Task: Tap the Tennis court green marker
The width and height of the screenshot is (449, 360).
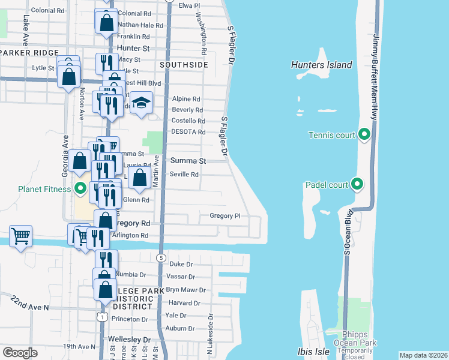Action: click(x=364, y=134)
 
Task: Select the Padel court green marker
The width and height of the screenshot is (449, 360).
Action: click(x=358, y=184)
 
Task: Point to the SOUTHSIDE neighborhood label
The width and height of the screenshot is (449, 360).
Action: click(x=184, y=64)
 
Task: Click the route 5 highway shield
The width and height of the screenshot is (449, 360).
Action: click(x=161, y=257)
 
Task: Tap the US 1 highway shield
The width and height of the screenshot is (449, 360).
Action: click(x=103, y=316)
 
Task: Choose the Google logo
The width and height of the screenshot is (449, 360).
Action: click(x=20, y=353)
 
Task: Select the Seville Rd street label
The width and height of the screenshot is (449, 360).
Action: click(x=185, y=175)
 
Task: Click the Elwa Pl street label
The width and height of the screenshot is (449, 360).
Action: click(x=189, y=5)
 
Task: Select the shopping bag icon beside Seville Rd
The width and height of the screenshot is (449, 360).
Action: click(x=139, y=178)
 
